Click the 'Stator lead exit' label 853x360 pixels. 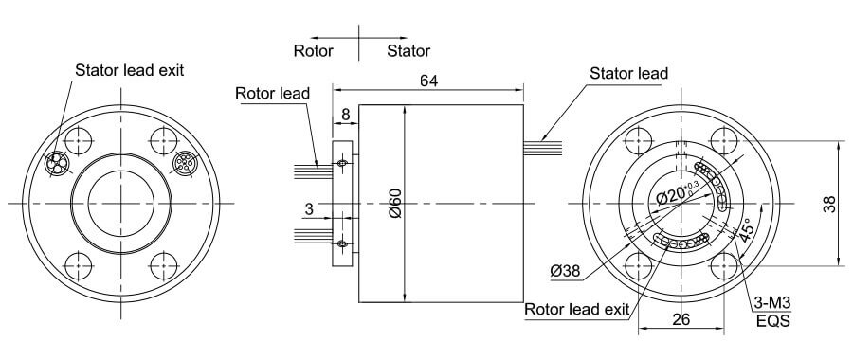[129, 70]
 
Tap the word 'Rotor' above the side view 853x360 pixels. [314, 50]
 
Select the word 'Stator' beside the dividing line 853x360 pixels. [408, 50]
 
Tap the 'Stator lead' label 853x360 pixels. [627, 73]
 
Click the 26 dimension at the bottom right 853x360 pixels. [680, 320]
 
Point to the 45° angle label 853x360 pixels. [743, 230]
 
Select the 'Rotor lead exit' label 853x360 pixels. [576, 310]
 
